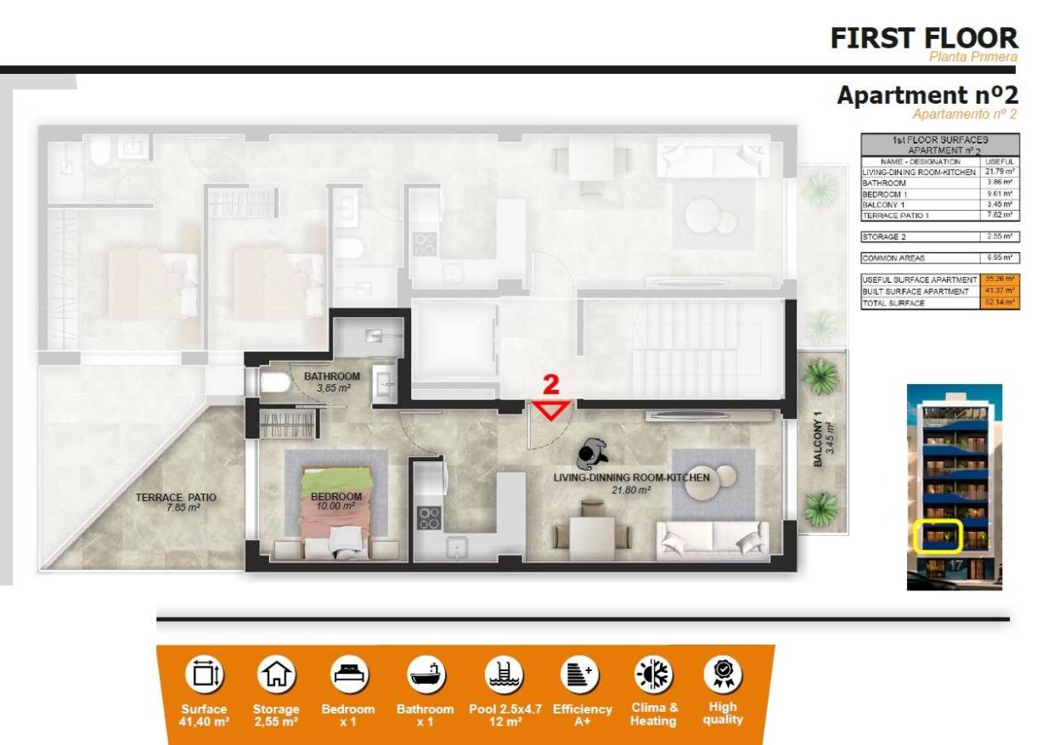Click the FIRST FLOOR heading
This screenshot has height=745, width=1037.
point(923,38)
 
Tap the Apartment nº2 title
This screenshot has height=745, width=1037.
point(927,95)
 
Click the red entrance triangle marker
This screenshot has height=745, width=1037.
point(551,411)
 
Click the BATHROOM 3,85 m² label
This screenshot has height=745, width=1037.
point(331,381)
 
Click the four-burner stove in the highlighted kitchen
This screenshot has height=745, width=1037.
point(428,517)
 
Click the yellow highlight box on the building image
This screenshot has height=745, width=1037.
point(937,536)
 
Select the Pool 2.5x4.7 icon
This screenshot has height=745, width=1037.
point(504,675)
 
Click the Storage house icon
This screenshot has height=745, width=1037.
point(276,675)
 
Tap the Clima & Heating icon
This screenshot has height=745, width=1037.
point(654,675)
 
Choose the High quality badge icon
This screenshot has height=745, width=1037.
point(723,675)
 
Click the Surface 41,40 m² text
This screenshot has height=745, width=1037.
point(204,715)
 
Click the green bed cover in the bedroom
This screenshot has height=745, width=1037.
point(337,478)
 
